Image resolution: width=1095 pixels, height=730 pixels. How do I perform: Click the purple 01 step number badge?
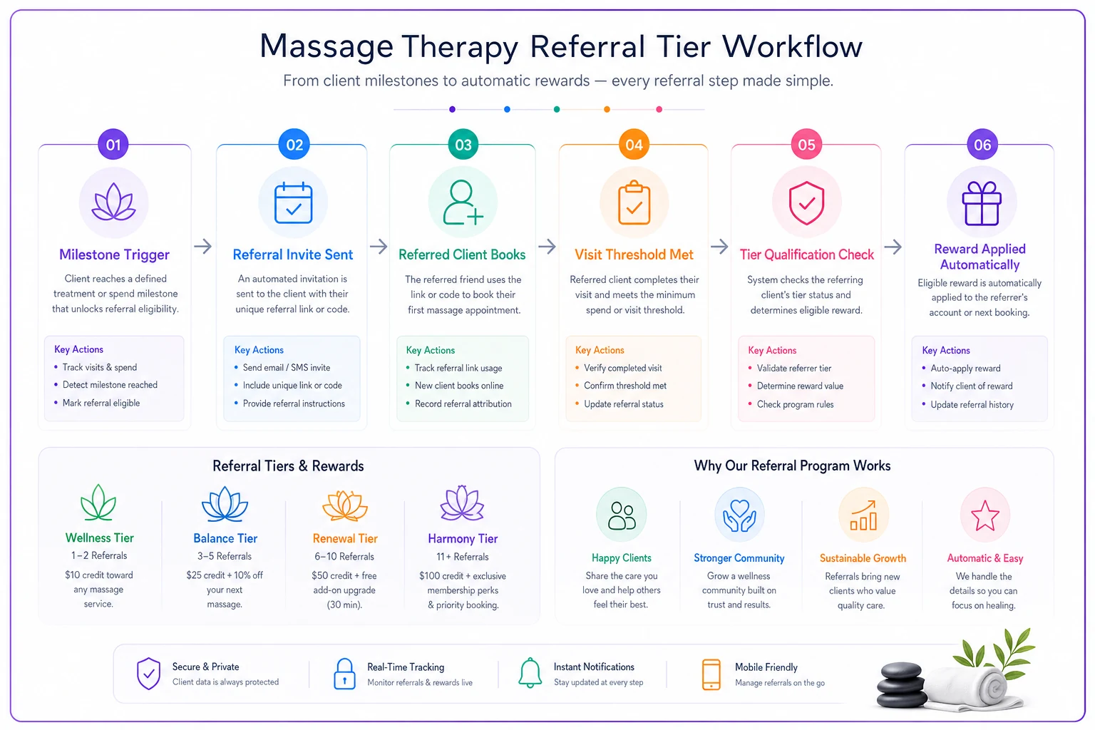[113, 145]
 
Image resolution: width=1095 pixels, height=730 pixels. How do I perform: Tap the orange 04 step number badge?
[634, 145]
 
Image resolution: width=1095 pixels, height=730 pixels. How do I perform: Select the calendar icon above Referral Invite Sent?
[293, 203]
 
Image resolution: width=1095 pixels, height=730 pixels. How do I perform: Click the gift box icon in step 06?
[982, 203]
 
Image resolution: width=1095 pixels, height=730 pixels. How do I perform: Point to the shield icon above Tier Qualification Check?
[806, 203]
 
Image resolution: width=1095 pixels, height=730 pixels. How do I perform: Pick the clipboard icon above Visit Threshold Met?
[634, 202]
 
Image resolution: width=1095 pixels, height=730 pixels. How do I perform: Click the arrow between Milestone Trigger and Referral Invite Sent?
[203, 246]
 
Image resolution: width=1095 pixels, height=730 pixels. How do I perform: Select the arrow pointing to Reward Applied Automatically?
[893, 247]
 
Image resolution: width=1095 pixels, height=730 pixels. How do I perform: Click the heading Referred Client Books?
[462, 255]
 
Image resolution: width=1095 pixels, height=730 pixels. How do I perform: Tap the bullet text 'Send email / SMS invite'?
[287, 368]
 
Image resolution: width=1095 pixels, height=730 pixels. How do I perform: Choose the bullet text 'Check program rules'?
[796, 404]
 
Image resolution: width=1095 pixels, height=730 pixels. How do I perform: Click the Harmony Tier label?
[463, 538]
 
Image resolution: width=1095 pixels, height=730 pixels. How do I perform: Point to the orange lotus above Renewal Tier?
[345, 505]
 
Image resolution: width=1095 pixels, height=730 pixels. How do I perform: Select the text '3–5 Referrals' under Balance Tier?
[225, 557]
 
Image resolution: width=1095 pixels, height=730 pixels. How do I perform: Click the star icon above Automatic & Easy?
[985, 515]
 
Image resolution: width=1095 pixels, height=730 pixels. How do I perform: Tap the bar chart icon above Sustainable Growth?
[863, 515]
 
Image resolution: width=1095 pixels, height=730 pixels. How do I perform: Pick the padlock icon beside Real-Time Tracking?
[344, 674]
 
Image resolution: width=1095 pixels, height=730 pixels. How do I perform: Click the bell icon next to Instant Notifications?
[530, 673]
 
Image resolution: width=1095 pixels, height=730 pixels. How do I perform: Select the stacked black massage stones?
[902, 685]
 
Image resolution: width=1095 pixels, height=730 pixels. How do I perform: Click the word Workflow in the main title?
[792, 46]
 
